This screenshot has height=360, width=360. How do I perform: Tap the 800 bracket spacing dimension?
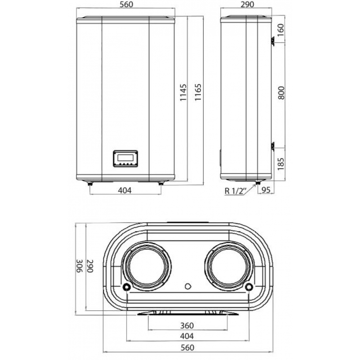click(x=282, y=94)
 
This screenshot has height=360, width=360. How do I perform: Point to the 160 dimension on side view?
click(x=282, y=29)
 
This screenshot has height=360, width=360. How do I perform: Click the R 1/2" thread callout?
click(x=235, y=191)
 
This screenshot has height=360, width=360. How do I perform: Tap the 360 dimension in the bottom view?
click(x=187, y=325)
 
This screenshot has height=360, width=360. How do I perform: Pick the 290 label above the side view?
click(x=246, y=5)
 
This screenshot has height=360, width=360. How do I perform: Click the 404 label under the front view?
click(x=125, y=190)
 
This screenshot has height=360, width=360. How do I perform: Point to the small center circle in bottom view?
click(x=187, y=287)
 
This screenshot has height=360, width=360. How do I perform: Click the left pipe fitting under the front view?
click(x=90, y=184)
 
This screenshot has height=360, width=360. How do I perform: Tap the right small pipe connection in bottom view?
click(x=248, y=287)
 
